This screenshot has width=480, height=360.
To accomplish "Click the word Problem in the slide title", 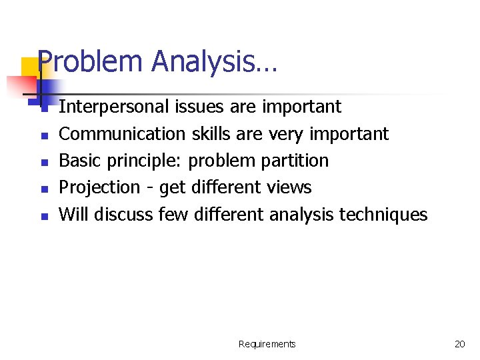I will [91, 62].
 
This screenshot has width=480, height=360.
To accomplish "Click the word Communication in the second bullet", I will [123, 134].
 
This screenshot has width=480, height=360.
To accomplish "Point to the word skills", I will [209, 134].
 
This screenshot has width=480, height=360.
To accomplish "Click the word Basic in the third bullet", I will [77, 161].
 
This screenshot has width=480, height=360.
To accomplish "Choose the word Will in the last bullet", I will [74, 214].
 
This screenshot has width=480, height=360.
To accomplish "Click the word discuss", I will [123, 214].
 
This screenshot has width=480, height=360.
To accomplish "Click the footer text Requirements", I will [267, 344].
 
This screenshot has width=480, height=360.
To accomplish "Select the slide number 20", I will [459, 344].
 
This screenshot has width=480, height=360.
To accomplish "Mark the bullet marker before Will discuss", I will [42, 215].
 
